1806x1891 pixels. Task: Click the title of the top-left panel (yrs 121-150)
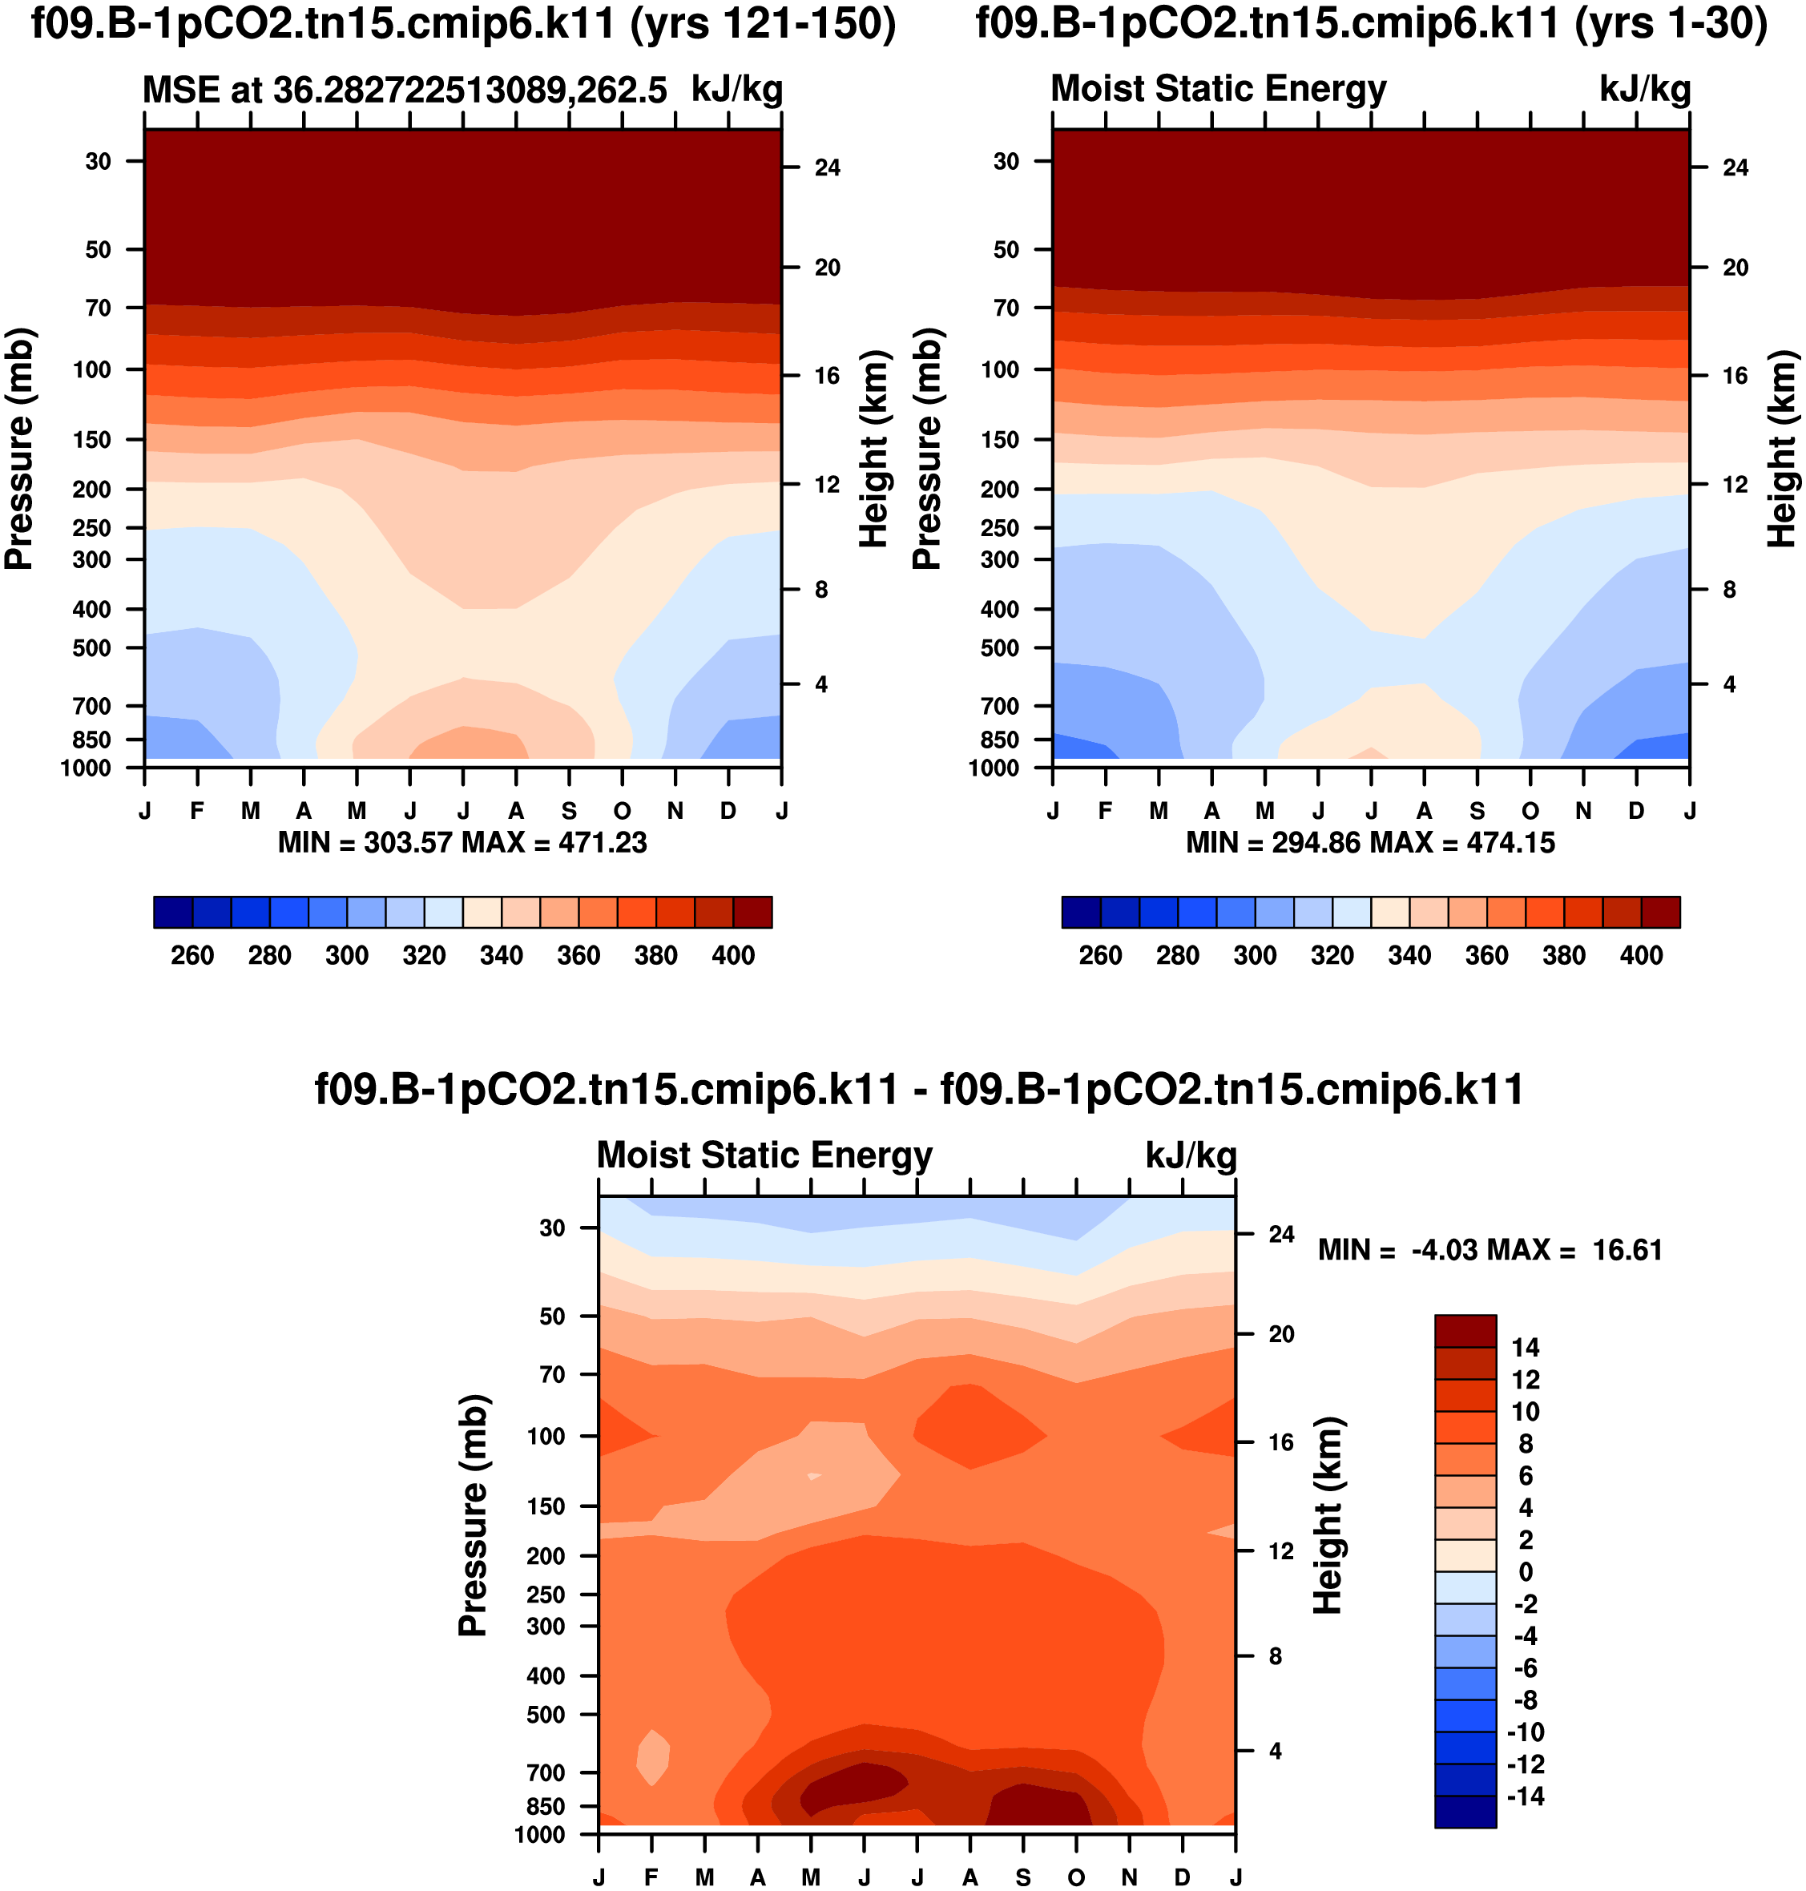click(x=463, y=24)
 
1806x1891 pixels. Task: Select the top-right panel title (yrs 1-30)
click(x=1372, y=24)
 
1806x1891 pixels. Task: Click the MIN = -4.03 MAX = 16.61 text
click(x=1490, y=1250)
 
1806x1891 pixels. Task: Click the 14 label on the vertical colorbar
click(x=1525, y=1348)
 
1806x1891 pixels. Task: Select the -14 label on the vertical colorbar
click(x=1525, y=1796)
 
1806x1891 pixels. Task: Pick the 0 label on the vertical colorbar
click(x=1525, y=1572)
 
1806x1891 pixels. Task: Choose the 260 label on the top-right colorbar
click(x=1100, y=955)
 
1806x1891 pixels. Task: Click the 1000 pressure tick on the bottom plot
click(x=540, y=1834)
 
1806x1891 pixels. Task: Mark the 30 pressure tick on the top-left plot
click(x=99, y=161)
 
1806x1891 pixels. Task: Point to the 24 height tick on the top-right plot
click(x=1735, y=167)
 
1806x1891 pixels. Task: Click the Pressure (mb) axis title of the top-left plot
click(x=19, y=449)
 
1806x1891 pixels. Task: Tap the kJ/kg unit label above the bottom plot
click(x=1191, y=1155)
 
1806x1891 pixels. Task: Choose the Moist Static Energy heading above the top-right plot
click(x=1218, y=89)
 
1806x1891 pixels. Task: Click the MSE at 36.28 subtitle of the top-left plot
click(x=405, y=90)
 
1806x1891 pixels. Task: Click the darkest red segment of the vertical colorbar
click(x=1465, y=1331)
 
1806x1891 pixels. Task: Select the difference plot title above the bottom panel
click(x=919, y=1090)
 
